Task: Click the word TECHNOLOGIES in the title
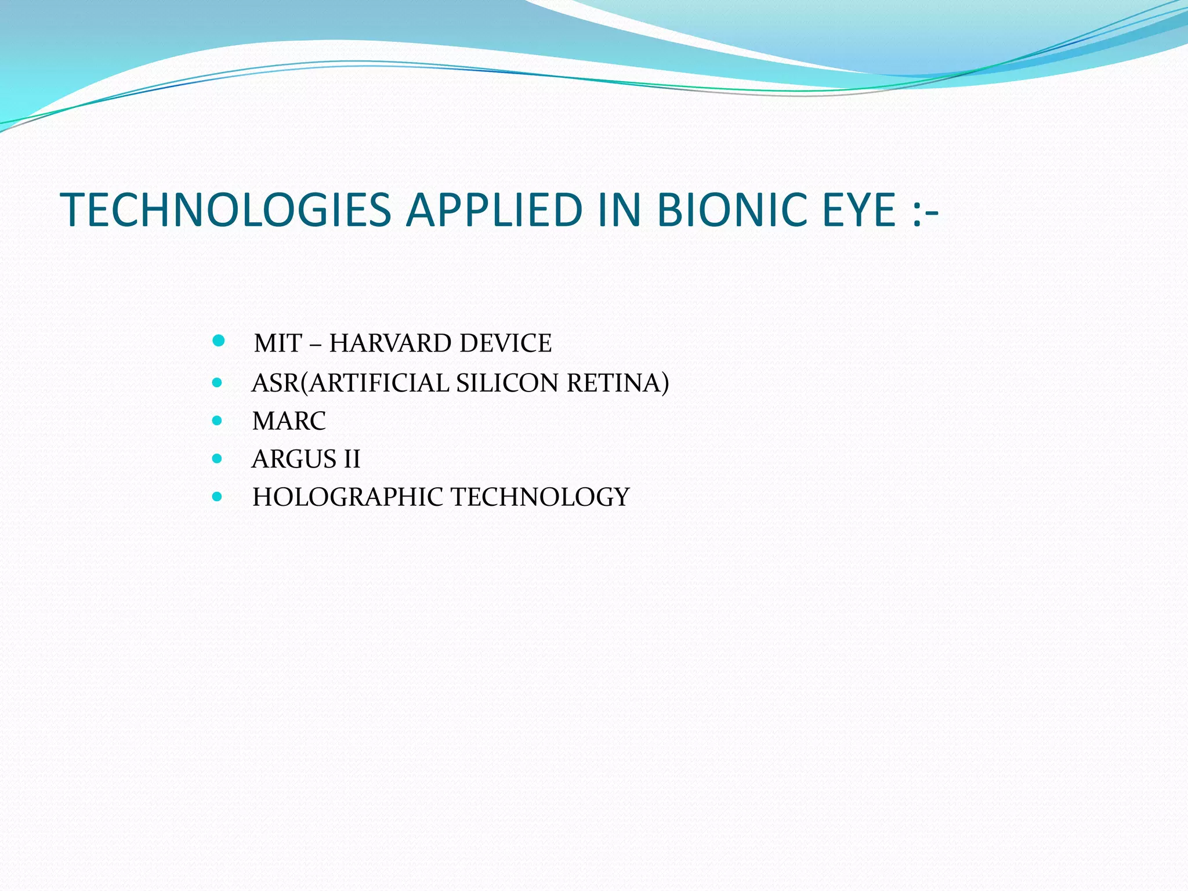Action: pos(226,210)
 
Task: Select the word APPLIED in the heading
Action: pos(494,210)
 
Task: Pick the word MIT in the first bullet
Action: pos(278,343)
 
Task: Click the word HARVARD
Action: pos(382,343)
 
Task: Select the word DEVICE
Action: pos(505,343)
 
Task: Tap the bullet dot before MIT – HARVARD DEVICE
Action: pos(219,341)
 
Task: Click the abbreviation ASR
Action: pos(276,383)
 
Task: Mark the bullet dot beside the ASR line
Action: pos(218,383)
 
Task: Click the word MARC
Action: pos(289,421)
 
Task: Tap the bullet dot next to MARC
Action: pos(218,421)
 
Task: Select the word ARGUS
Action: pos(294,459)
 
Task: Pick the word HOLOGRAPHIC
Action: pos(347,497)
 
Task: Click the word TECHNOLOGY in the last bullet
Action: pos(540,497)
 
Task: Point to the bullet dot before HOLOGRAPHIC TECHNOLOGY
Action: pos(218,497)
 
